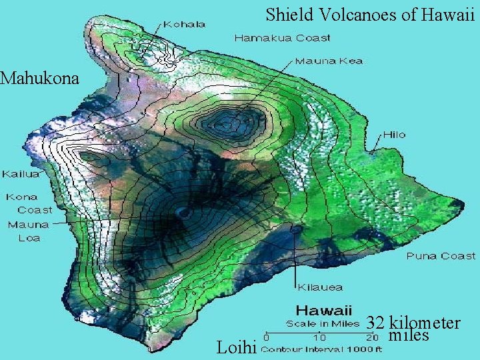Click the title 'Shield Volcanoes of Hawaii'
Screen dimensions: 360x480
(x=369, y=14)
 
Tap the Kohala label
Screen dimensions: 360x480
(x=184, y=24)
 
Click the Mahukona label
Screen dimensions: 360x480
(x=39, y=79)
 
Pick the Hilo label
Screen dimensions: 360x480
(x=393, y=135)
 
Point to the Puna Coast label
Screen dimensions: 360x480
(x=441, y=255)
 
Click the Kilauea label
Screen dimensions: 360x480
(x=319, y=287)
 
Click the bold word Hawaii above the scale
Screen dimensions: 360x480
(x=324, y=311)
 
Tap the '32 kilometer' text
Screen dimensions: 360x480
(x=413, y=323)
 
